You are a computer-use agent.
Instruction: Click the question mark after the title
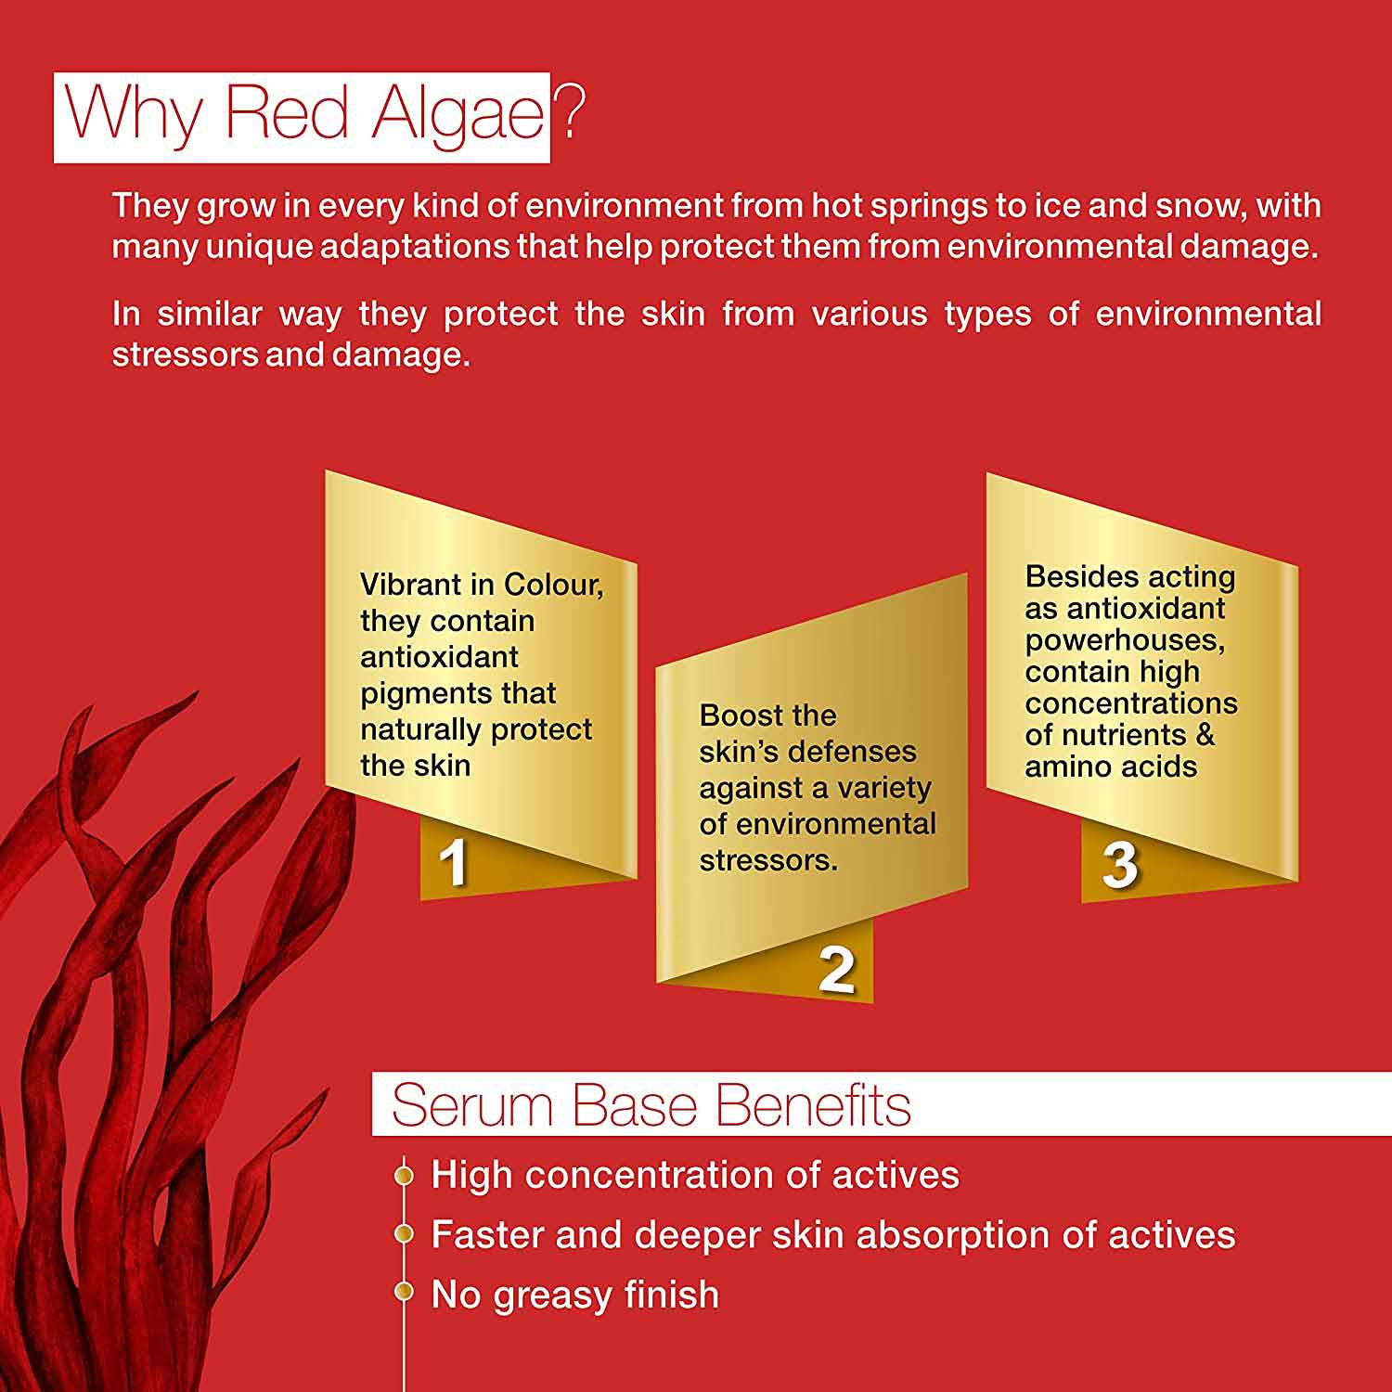[569, 111]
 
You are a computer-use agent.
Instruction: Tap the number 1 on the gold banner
[453, 863]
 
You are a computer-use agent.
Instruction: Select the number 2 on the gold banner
[836, 970]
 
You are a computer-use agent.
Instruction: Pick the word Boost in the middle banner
[740, 715]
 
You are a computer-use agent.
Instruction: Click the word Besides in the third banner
[1076, 576]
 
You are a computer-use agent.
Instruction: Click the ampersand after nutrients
[1205, 735]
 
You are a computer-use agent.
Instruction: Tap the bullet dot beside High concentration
[403, 1176]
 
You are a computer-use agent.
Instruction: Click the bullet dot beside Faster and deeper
[403, 1234]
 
